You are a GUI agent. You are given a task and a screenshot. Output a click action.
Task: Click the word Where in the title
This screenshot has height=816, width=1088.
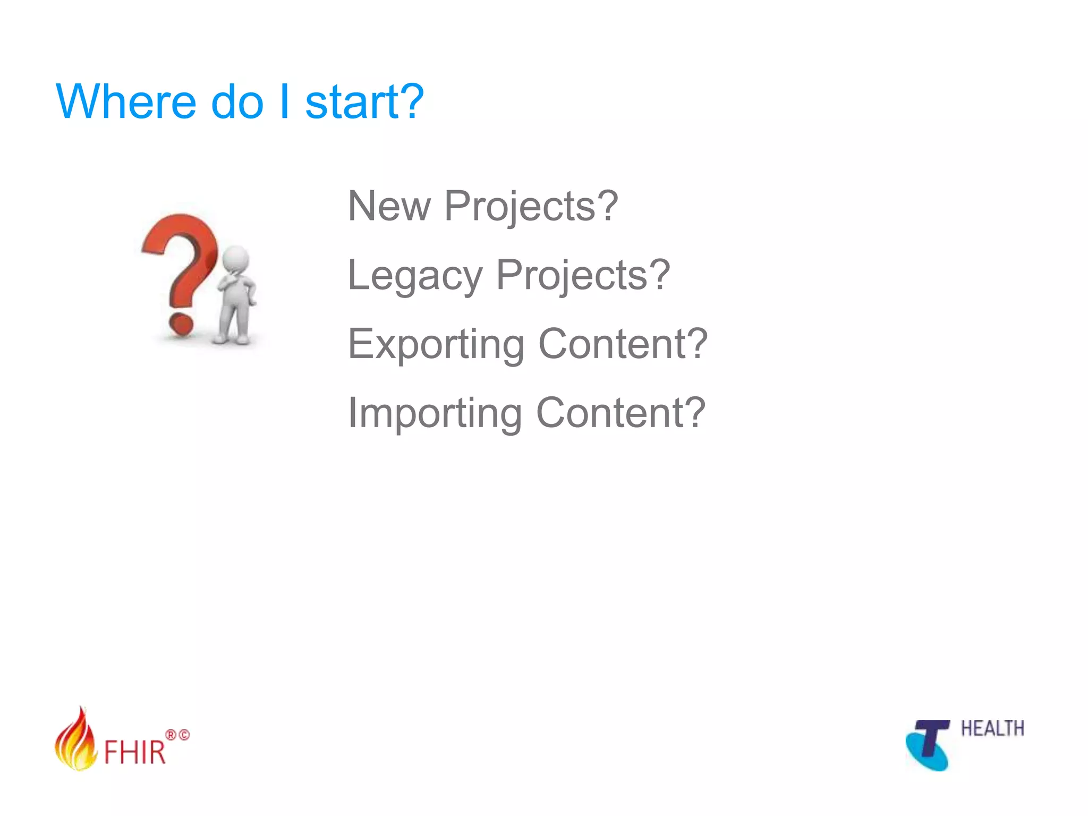pos(126,102)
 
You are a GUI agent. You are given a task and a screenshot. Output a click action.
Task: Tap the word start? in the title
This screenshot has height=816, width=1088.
pos(364,102)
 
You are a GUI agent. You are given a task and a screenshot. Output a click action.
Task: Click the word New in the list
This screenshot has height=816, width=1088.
pos(389,206)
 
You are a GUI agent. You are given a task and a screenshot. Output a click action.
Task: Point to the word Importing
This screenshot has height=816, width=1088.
pos(435,414)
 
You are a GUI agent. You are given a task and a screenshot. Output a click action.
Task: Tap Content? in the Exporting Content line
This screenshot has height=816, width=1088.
pos(623,344)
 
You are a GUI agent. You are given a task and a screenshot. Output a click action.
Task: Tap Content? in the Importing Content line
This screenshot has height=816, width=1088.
pos(620,413)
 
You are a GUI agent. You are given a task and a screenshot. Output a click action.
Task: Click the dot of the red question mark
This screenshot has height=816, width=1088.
pos(181,324)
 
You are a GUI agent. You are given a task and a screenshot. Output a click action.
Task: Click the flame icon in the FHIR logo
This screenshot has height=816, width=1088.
pos(75,741)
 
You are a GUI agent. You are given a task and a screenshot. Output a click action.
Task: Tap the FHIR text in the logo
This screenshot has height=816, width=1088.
pos(135,752)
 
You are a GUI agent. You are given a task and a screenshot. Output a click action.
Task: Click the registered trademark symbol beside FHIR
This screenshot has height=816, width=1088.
pos(171,735)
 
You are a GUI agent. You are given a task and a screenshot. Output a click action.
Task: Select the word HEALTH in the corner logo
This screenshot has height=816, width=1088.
pos(992,728)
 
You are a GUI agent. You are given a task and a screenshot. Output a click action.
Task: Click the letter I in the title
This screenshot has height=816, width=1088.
pos(284,102)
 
